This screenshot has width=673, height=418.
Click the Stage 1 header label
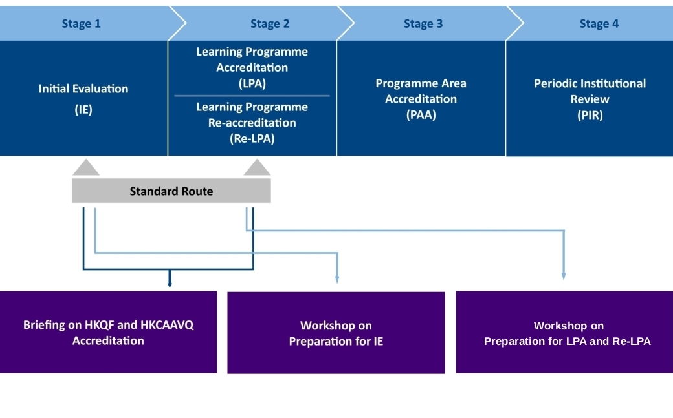[81, 24]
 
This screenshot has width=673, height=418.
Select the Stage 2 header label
[270, 24]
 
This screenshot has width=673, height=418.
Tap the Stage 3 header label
[423, 24]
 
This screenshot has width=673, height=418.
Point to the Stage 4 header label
[599, 24]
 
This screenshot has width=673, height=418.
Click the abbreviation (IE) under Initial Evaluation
[83, 109]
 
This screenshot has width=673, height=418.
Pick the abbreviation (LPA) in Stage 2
[252, 83]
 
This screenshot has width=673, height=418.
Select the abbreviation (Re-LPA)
[252, 138]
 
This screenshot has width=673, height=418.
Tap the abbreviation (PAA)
[421, 115]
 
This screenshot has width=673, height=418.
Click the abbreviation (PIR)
[590, 116]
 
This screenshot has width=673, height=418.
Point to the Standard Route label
[171, 191]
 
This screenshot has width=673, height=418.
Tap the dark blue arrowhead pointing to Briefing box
[170, 283]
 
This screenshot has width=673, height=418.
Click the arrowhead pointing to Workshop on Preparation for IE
[337, 279]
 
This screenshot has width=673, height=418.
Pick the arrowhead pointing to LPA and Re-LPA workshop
[564, 276]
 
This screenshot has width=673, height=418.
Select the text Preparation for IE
[336, 341]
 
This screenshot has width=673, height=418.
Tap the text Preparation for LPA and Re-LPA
[568, 341]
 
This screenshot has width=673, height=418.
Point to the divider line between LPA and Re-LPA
[252, 96]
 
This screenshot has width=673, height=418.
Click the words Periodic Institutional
[590, 83]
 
